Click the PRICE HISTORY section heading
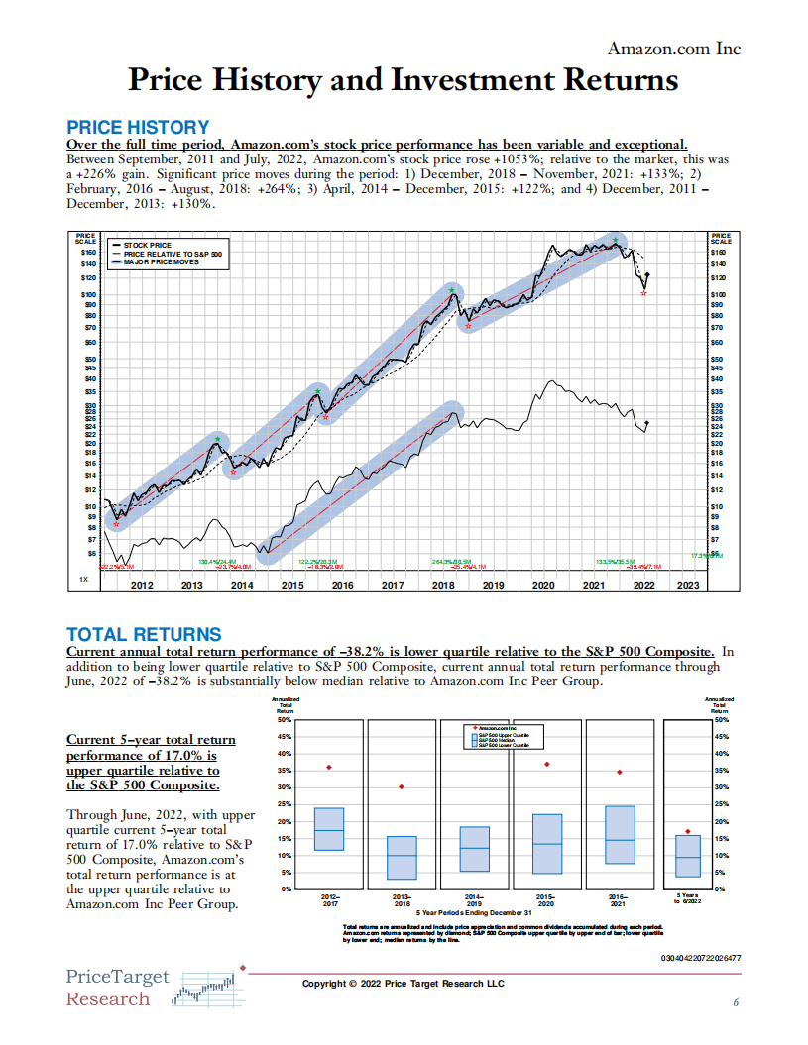[x=137, y=127]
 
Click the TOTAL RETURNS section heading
[x=143, y=634]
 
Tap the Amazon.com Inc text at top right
[x=673, y=49]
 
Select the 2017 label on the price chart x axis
[x=393, y=585]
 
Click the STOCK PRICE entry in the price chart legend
[x=148, y=244]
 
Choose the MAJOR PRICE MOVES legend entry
[x=162, y=262]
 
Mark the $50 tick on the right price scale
[x=721, y=359]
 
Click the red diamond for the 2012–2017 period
[x=329, y=768]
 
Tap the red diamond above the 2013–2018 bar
[x=402, y=787]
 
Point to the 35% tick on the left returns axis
[x=286, y=771]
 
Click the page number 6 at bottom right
[x=736, y=1002]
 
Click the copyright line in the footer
[x=403, y=983]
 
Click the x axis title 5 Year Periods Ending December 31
[x=474, y=912]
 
